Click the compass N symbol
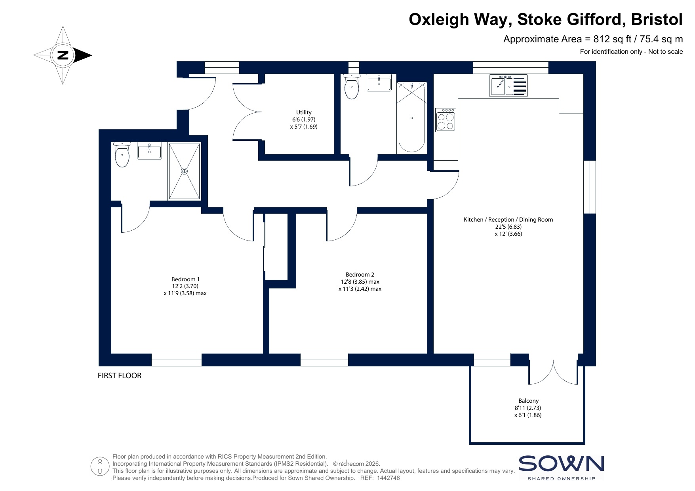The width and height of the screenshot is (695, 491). click(x=63, y=55)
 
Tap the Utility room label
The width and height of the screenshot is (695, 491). click(x=304, y=112)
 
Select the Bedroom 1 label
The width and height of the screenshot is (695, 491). click(x=185, y=279)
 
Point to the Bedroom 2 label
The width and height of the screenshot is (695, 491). click(x=360, y=275)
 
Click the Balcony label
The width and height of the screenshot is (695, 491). click(x=528, y=401)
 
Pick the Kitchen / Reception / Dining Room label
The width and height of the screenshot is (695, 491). click(x=508, y=220)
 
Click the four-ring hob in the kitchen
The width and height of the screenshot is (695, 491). click(x=446, y=120)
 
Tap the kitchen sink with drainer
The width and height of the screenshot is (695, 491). click(x=508, y=85)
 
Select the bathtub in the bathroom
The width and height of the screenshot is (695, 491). click(x=412, y=118)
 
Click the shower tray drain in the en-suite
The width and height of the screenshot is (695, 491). click(x=184, y=171)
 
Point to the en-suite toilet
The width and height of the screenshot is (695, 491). click(x=122, y=155)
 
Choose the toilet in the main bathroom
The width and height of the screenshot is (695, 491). click(x=352, y=87)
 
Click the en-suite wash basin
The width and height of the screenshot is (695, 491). click(x=149, y=152)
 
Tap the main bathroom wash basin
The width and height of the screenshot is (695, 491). click(x=379, y=83)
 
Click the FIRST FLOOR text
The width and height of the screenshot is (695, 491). click(x=120, y=376)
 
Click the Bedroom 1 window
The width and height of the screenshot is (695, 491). click(x=177, y=360)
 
